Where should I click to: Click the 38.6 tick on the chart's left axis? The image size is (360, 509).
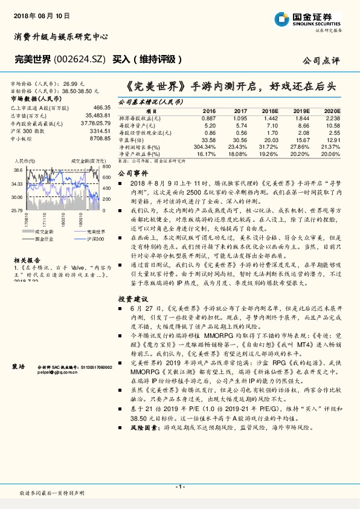coord(18,171)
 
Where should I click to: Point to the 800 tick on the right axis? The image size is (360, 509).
coord(106,166)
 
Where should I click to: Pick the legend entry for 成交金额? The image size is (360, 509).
coord(40,232)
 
